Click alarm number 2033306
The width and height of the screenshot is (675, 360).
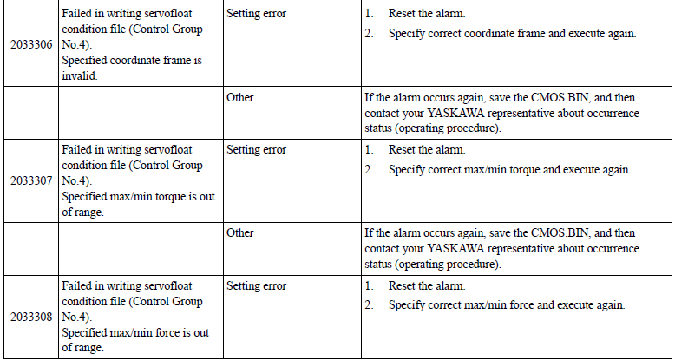click(x=32, y=45)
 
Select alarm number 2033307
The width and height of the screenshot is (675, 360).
click(x=32, y=180)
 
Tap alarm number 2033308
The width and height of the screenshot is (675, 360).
click(x=32, y=317)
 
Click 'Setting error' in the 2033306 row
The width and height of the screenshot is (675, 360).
click(x=256, y=14)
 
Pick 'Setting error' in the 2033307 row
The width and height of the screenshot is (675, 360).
click(x=256, y=150)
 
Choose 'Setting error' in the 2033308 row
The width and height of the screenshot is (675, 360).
click(x=256, y=286)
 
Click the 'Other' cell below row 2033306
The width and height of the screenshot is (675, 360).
click(x=239, y=98)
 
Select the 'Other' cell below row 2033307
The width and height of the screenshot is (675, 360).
click(x=239, y=233)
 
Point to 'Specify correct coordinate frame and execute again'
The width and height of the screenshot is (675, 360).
click(x=512, y=34)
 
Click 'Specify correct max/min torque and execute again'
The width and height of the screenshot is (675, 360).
click(x=509, y=170)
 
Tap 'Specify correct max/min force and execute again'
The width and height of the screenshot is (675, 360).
click(x=507, y=305)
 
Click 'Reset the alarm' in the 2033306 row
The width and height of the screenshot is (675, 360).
click(x=427, y=14)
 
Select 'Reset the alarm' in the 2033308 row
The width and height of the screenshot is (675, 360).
click(x=427, y=286)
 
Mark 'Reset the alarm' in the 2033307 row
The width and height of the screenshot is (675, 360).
click(x=427, y=150)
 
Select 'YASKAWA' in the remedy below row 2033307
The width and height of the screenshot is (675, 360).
click(x=455, y=248)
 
